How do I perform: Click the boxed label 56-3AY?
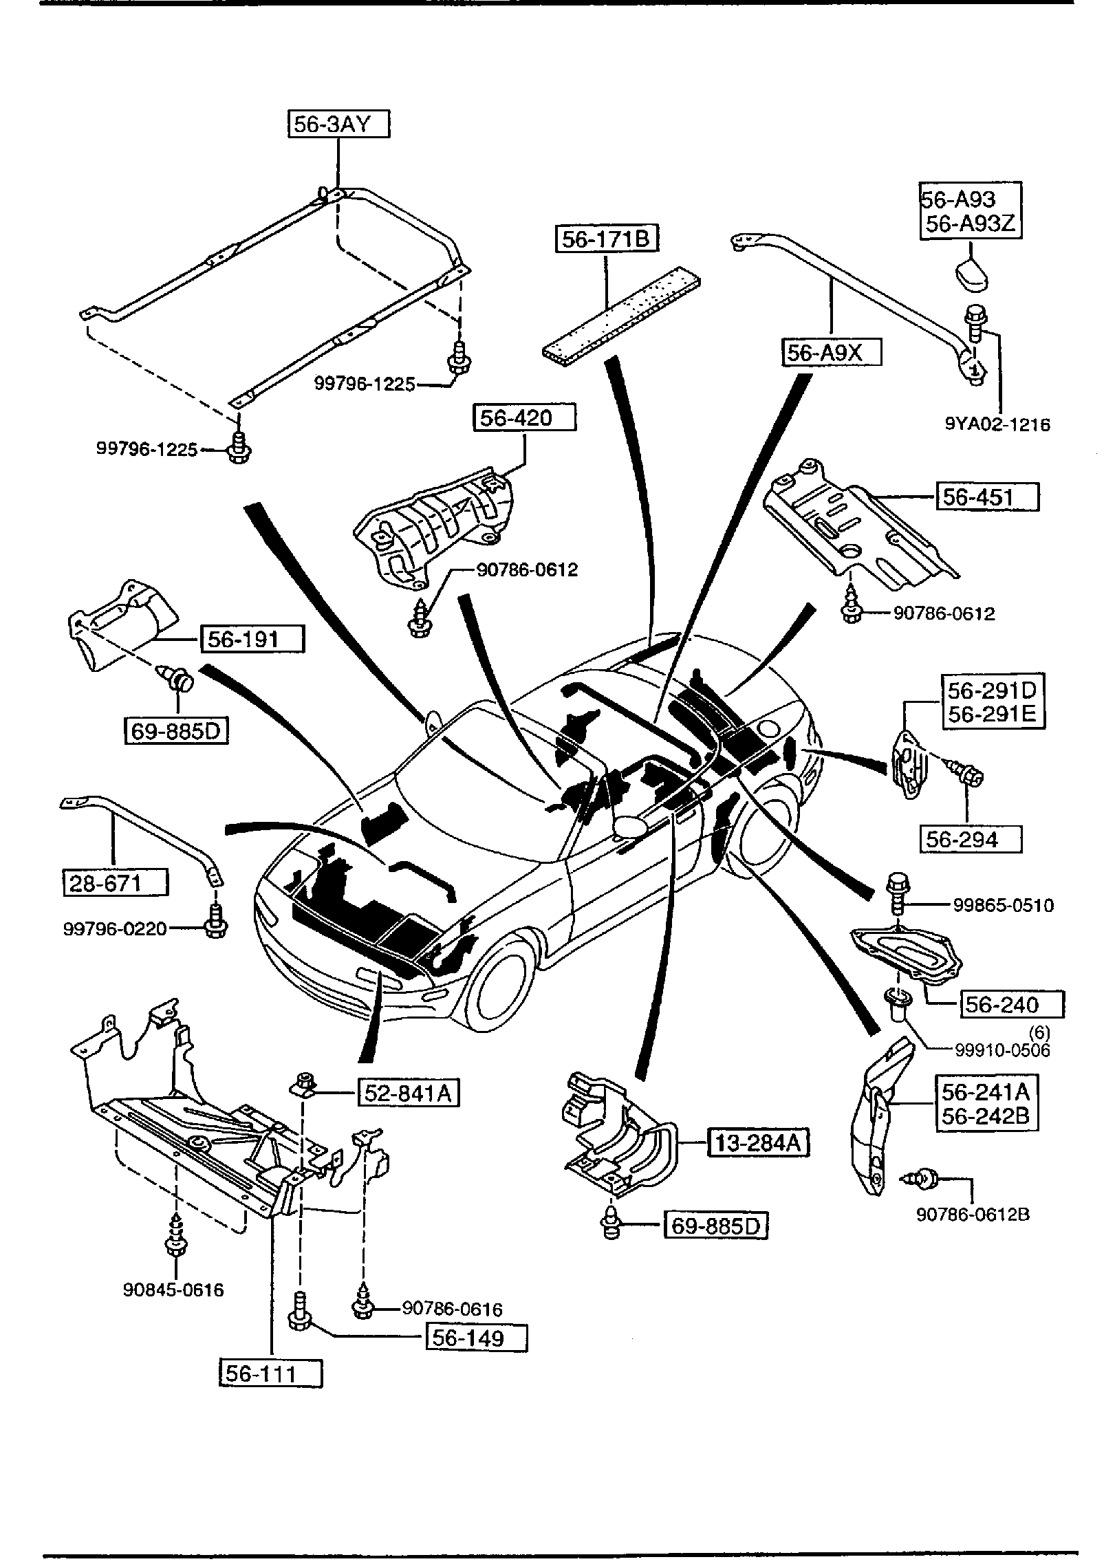[338, 124]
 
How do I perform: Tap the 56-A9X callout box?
[832, 353]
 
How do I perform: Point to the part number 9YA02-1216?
[997, 424]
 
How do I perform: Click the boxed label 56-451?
[987, 497]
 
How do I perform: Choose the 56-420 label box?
[524, 417]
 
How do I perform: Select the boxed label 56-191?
[252, 640]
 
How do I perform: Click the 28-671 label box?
[115, 882]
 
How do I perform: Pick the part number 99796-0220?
[115, 929]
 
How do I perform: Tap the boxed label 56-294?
[971, 839]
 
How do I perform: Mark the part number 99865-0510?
[1003, 905]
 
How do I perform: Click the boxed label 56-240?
[1011, 1005]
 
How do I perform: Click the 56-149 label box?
[477, 1338]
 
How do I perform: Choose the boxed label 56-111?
[270, 1373]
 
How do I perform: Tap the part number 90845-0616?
[173, 1290]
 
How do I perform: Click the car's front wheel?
[506, 989]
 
